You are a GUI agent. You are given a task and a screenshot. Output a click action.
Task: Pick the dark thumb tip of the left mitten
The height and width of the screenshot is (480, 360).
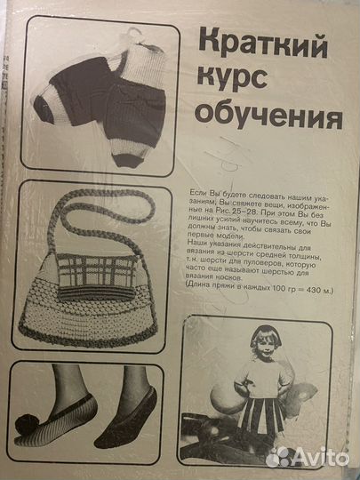tap(43, 106)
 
